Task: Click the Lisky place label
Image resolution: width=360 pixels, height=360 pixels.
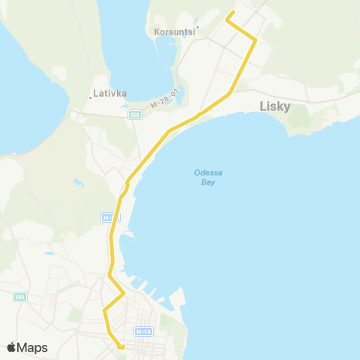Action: [274, 106]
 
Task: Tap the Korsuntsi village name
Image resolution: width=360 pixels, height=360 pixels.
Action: [173, 32]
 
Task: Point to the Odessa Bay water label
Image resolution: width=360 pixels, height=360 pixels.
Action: [208, 177]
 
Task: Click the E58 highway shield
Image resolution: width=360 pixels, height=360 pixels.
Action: [135, 115]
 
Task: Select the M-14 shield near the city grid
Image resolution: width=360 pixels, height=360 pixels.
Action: [143, 331]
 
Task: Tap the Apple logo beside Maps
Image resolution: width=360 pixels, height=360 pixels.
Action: [11, 347]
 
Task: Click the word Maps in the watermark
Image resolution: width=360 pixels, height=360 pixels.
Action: [32, 347]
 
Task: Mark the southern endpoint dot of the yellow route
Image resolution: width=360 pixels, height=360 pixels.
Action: [121, 346]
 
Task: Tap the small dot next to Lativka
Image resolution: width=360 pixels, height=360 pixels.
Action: [91, 95]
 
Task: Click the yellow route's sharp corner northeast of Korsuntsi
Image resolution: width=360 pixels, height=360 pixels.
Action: [256, 40]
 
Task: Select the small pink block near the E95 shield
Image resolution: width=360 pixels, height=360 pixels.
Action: [52, 299]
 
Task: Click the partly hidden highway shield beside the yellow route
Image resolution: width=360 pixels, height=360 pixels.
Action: [106, 217]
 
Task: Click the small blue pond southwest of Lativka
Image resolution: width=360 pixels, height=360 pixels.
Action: [78, 182]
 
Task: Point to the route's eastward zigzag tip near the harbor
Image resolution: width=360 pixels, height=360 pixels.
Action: [123, 292]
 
